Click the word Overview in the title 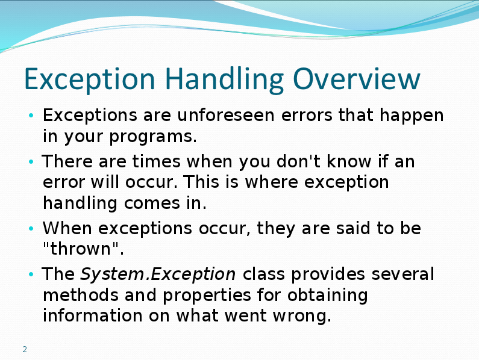click(357, 79)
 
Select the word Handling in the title click(225, 79)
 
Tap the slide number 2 click(25, 349)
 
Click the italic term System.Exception click(158, 274)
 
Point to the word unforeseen click(226, 115)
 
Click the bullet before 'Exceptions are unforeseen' click(31, 116)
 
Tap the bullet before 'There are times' click(31, 161)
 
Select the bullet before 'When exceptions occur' click(31, 228)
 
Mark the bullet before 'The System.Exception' click(31, 274)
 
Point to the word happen click(412, 116)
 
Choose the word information click(93, 315)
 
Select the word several click(402, 274)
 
